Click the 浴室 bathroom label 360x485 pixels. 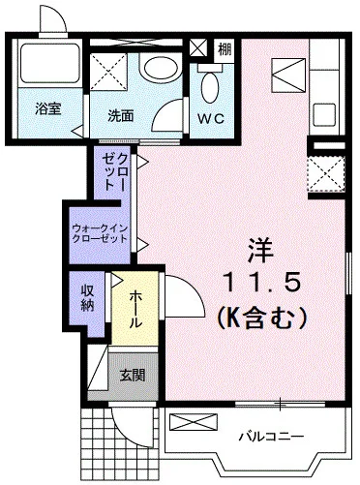pyautogui.click(x=48, y=109)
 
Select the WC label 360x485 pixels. pyautogui.click(x=211, y=119)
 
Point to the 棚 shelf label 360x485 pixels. pyautogui.click(x=225, y=50)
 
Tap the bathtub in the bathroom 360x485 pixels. pyautogui.click(x=49, y=62)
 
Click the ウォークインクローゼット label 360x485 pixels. pyautogui.click(x=100, y=233)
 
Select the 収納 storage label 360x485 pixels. pyautogui.click(x=87, y=298)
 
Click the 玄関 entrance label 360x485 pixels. pyautogui.click(x=133, y=375)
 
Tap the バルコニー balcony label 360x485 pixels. pyautogui.click(x=271, y=437)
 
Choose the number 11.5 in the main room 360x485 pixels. pyautogui.click(x=262, y=283)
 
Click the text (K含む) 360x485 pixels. pyautogui.click(x=261, y=317)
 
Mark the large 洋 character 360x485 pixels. pyautogui.click(x=261, y=251)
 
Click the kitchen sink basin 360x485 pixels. pyautogui.click(x=324, y=115)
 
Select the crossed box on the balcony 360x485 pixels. pyautogui.click(x=194, y=422)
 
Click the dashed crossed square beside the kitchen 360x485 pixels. pyautogui.click(x=325, y=174)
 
